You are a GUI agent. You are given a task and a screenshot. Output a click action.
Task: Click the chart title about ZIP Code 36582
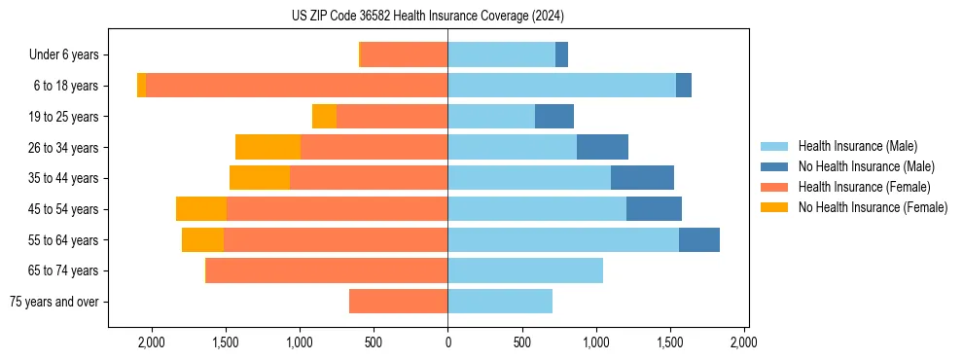428,17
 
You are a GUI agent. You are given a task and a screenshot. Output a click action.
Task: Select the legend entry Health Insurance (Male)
857,146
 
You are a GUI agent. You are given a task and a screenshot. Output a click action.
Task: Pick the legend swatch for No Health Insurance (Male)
775,166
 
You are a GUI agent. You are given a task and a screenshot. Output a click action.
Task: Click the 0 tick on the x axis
447,342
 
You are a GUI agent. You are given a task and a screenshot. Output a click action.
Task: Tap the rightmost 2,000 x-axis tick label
743,342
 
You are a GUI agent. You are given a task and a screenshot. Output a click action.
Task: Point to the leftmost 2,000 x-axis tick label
152,342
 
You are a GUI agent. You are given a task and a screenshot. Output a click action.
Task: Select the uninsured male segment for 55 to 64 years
698,239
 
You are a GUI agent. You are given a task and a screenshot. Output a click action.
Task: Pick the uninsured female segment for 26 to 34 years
267,147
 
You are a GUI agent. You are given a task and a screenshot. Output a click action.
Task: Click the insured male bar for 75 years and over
500,302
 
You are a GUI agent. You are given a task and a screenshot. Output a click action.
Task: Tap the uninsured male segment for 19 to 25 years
553,117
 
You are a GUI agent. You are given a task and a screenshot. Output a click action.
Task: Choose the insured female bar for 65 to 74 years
327,270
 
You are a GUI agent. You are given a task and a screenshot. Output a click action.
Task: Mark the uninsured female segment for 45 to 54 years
201,209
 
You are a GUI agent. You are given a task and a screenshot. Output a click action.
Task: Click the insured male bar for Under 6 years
501,55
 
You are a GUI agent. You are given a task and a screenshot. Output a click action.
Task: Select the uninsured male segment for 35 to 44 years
642,178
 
